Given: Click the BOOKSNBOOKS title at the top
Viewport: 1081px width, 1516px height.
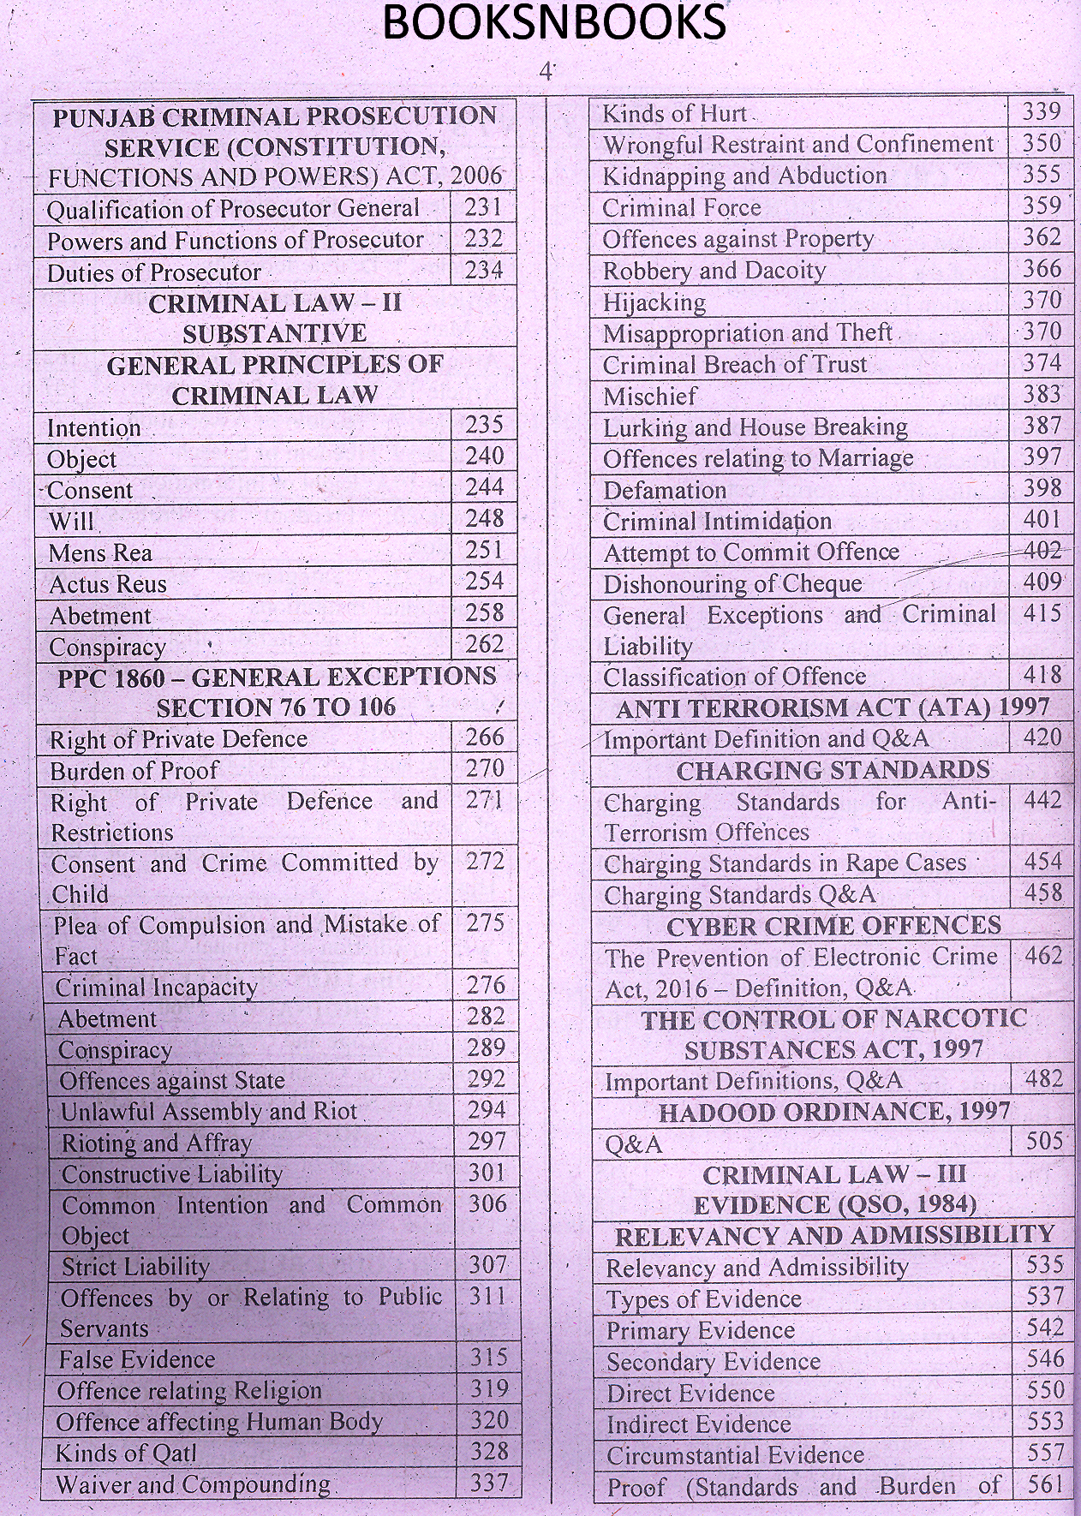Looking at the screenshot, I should tap(554, 23).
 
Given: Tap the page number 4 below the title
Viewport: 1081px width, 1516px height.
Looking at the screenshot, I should tap(546, 73).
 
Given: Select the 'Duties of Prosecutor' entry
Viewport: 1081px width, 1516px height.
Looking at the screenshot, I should tap(154, 272).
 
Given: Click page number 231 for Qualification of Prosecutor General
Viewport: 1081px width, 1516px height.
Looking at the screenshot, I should tap(483, 208).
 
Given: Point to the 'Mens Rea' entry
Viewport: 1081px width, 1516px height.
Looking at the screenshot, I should tap(101, 552).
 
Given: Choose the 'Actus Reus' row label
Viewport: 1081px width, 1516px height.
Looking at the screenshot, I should tap(108, 584).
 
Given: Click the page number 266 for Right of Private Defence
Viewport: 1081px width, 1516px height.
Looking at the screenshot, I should tap(485, 737).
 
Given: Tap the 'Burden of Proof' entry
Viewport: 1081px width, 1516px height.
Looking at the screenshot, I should tap(135, 771).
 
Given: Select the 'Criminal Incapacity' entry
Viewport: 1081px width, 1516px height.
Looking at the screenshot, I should tap(157, 988).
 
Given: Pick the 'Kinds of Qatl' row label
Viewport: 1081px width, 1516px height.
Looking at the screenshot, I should tap(126, 1453).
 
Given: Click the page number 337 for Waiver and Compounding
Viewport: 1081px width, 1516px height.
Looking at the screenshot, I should tap(489, 1483).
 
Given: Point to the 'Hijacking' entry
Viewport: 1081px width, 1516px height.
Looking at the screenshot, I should tap(654, 302).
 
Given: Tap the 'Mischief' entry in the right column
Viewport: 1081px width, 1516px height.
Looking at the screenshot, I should tap(650, 397).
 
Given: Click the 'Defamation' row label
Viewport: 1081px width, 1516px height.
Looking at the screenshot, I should tap(665, 490).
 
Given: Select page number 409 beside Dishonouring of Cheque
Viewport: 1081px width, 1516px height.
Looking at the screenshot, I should tap(1042, 582).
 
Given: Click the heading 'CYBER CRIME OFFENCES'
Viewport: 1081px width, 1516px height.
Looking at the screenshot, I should tap(833, 926).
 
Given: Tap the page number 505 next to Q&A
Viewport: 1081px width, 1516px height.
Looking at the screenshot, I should tap(1043, 1142).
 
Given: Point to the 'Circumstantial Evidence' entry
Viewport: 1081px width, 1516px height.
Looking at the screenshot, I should tap(736, 1455).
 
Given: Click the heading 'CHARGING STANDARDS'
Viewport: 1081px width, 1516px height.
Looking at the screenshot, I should tap(833, 770).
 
